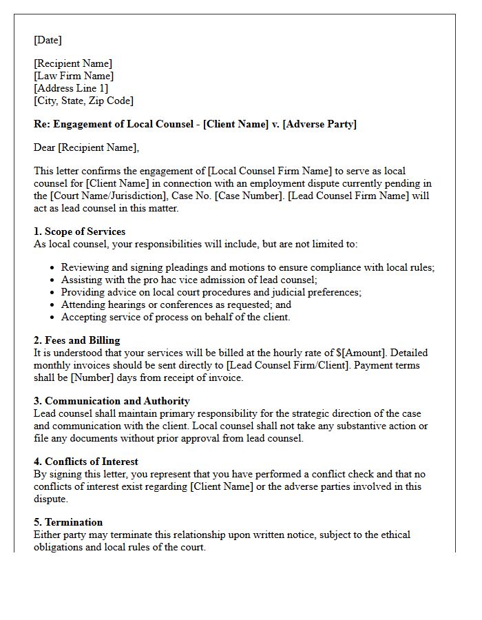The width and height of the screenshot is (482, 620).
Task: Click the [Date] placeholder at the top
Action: point(48,41)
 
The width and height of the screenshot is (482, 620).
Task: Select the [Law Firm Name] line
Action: point(74,76)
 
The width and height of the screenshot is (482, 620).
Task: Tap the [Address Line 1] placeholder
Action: point(71,88)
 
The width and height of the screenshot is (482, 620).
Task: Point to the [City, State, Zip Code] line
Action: point(83,101)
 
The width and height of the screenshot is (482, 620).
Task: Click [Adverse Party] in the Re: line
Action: point(319,124)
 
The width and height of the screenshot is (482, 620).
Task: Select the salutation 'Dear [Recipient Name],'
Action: point(86,147)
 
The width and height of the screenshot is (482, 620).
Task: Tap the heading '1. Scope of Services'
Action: point(79,231)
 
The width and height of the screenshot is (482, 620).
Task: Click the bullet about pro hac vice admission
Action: point(189,280)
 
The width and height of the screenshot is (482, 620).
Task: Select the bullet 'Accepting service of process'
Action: point(176,317)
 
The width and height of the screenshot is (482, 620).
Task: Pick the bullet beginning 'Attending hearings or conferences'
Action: point(176,304)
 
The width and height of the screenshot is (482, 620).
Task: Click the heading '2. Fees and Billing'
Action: point(76,340)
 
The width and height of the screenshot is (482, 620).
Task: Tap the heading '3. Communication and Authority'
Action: point(112,401)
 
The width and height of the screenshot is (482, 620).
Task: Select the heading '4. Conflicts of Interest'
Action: point(86,462)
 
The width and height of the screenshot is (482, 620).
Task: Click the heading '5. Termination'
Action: point(68,522)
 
